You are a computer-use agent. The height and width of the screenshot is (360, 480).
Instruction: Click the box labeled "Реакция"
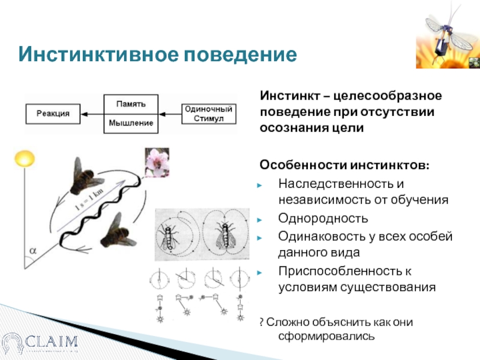(x=53, y=113)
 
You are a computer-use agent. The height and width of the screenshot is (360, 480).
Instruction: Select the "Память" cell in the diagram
(x=131, y=103)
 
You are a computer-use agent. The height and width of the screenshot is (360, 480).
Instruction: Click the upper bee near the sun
(x=85, y=175)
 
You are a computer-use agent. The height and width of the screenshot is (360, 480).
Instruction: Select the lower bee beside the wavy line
(x=116, y=230)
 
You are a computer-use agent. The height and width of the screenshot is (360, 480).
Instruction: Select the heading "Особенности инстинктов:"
(x=344, y=164)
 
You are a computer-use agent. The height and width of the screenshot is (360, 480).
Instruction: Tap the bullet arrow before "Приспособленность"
(x=260, y=272)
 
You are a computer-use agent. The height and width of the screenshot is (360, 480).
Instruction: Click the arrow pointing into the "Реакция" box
(x=89, y=113)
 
